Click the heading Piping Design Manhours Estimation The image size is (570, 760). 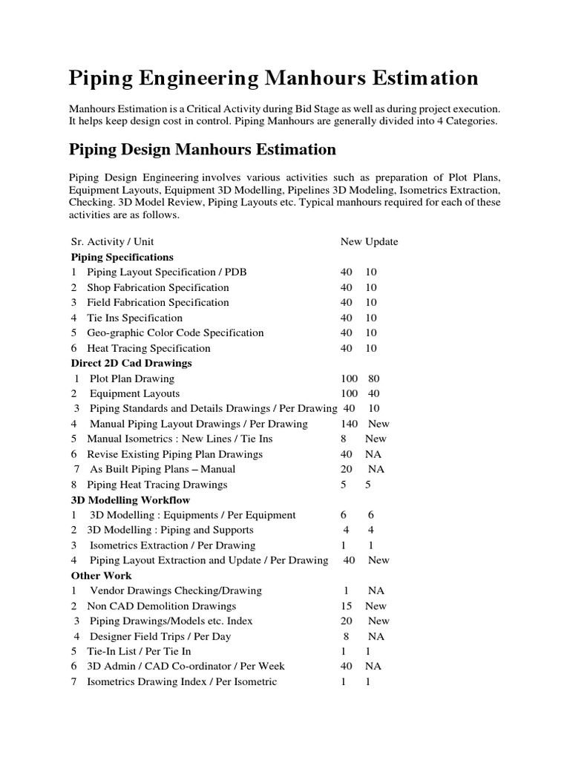pos(203,150)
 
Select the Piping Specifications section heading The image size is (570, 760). pos(122,257)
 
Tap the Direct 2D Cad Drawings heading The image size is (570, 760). pos(131,363)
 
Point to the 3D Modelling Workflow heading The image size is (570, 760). pos(131,499)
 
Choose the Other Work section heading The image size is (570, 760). pos(102,575)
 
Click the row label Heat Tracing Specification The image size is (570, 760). pos(148,348)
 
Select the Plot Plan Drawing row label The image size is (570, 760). pos(132,379)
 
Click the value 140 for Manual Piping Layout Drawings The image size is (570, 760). pos(349,424)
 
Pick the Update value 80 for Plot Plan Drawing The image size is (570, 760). pos(373,379)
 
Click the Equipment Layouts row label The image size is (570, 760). pos(134,393)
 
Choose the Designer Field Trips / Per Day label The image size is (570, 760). pos(160,636)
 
